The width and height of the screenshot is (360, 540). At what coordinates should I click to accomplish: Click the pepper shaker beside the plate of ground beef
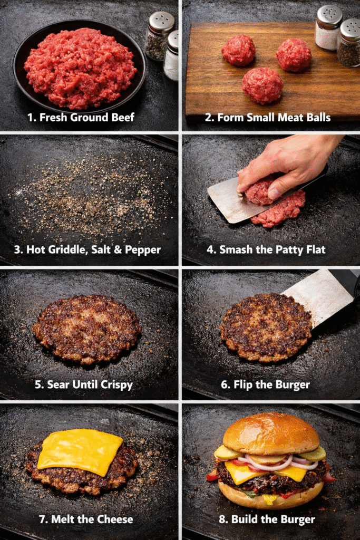(160, 36)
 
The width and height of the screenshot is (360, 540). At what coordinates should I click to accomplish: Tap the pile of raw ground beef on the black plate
(80, 67)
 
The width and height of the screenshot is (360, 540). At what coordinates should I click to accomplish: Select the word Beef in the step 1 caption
(122, 118)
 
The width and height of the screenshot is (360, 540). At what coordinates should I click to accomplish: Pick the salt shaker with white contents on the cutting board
(329, 27)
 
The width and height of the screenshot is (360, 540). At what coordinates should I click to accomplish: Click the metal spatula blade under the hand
(234, 200)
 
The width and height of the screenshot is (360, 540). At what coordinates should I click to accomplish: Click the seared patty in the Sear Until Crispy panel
(87, 329)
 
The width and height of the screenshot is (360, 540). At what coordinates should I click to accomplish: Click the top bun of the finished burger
(271, 433)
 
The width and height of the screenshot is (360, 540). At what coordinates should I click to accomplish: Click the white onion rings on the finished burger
(275, 461)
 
